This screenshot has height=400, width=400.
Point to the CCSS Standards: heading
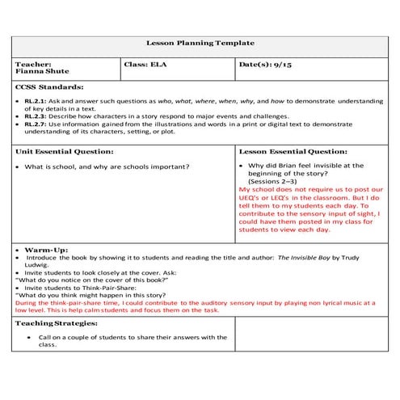coord(48,86)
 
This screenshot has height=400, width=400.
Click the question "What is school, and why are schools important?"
coord(107,166)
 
